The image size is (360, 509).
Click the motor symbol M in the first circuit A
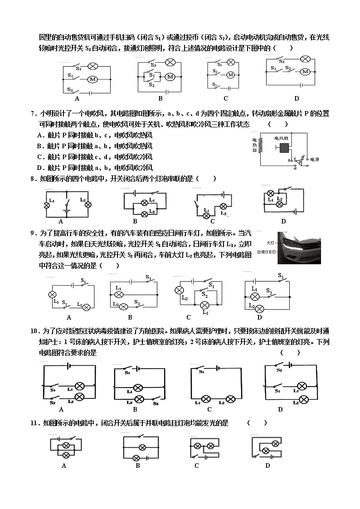coord(93,79)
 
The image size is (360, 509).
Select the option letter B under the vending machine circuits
coord(161,98)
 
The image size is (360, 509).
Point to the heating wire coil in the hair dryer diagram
coord(260,150)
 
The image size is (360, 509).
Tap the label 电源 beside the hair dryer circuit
coord(313,160)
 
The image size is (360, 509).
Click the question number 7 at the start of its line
coord(32,113)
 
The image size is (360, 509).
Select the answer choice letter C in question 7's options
coord(39,157)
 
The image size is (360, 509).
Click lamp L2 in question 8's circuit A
coord(88,204)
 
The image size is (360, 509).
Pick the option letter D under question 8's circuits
coord(283,221)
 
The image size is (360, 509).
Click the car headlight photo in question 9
coord(299,247)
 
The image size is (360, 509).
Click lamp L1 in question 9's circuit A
coord(52,295)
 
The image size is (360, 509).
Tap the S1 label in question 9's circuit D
coord(281,276)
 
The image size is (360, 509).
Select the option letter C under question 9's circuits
coord(188,317)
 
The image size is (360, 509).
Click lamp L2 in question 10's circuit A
coord(80,397)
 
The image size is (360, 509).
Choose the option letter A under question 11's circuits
coord(63,465)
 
